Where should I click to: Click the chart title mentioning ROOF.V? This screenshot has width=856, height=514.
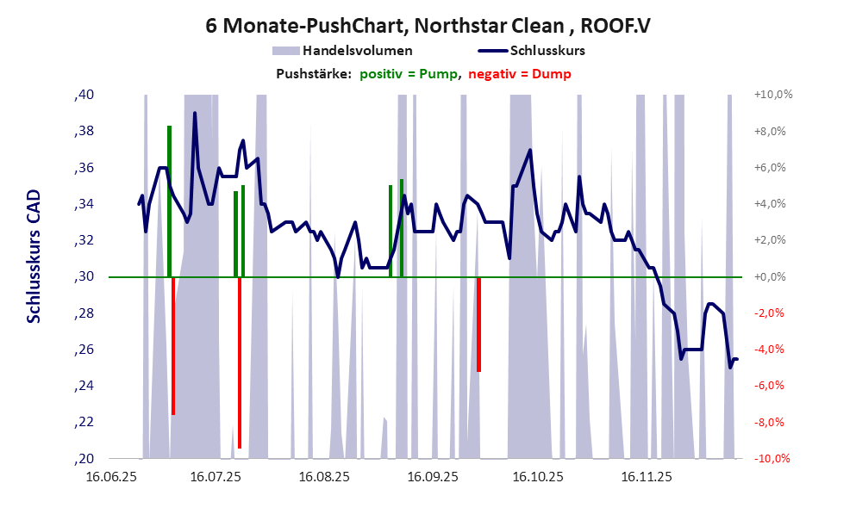pos(428,25)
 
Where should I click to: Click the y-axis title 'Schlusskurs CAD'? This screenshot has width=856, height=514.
pos(34,256)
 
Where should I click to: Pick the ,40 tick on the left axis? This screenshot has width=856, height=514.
pos(84,95)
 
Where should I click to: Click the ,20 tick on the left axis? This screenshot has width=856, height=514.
pos(84,458)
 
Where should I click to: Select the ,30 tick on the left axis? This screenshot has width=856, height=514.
pos(84,276)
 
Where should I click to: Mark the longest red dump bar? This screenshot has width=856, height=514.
pos(240,362)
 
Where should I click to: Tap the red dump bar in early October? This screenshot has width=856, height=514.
pos(478,324)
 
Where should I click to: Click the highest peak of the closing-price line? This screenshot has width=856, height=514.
pos(195,114)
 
